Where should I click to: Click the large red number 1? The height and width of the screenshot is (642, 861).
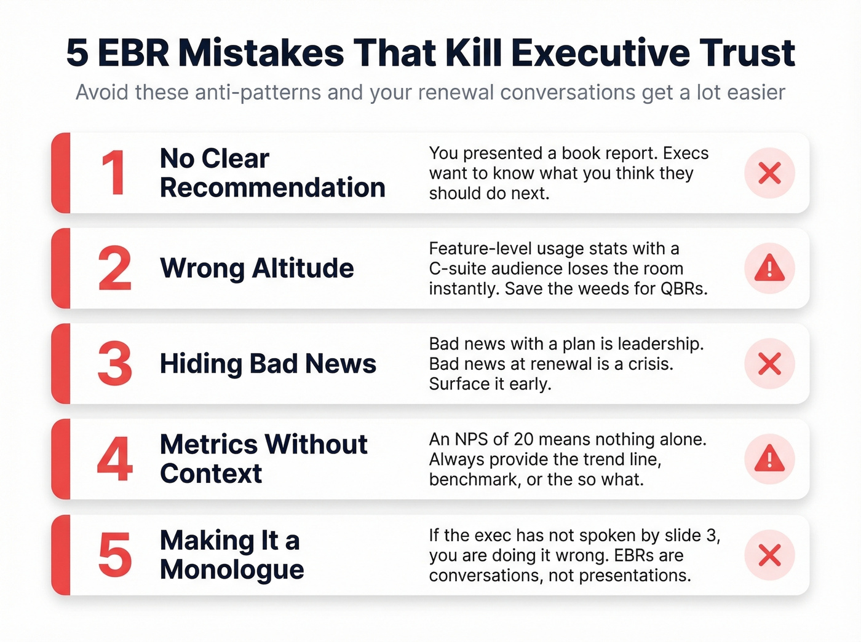tap(114, 173)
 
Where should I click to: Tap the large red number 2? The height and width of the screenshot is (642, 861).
tap(114, 268)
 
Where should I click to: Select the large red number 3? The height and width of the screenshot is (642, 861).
tap(114, 364)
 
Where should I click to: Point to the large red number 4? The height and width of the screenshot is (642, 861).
tap(114, 459)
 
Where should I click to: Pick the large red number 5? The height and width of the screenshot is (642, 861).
tap(114, 555)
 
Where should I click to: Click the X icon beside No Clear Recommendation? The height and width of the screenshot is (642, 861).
tap(769, 173)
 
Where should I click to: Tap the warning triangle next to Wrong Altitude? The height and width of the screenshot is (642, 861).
tap(769, 268)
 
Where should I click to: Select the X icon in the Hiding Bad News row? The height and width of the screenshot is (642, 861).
tap(769, 364)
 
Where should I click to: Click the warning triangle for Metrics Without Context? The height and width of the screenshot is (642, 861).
tap(769, 459)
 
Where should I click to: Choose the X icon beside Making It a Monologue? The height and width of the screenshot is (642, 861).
tap(769, 555)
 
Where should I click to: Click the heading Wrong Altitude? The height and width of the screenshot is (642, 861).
tap(256, 268)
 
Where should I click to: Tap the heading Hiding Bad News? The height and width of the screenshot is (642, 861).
tap(268, 364)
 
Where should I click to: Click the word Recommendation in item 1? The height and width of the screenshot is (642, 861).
tap(272, 188)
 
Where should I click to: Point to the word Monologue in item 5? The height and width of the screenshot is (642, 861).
tap(232, 570)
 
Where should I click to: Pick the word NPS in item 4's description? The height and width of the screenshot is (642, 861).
tap(472, 439)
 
